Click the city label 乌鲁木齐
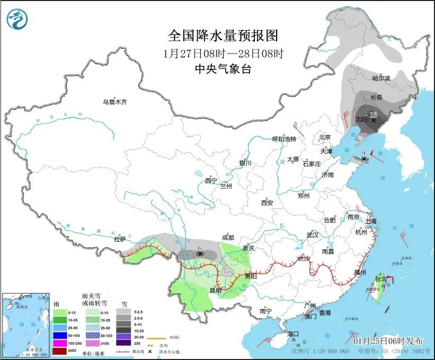115,102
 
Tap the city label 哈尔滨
381,78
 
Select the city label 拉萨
120,239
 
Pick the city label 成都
228,238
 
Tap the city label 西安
267,203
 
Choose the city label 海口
294,333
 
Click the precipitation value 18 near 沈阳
373,115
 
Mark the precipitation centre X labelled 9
364,159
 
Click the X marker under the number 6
200,254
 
